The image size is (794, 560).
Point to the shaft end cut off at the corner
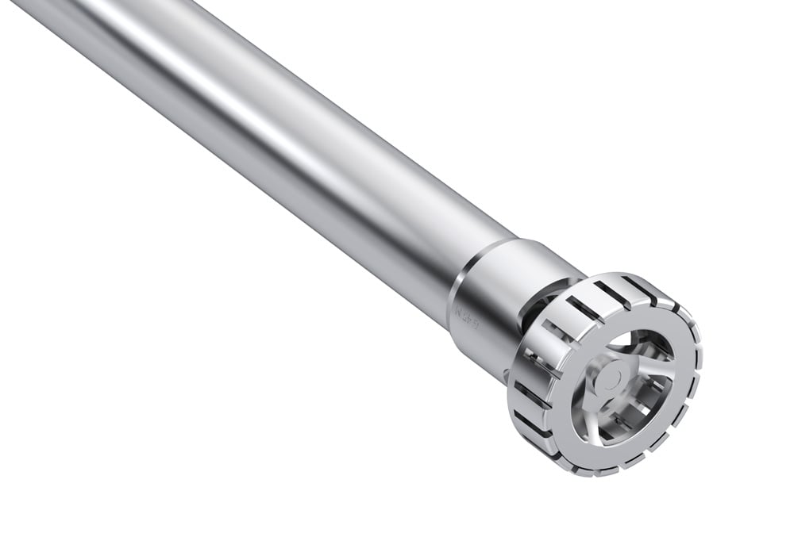click(32, 8)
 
